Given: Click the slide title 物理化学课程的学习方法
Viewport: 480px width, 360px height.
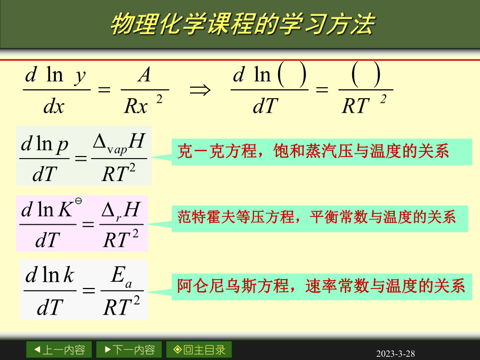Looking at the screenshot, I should [x=242, y=24].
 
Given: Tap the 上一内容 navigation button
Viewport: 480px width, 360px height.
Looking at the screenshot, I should [x=59, y=350].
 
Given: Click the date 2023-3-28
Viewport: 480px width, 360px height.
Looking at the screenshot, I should [x=395, y=354].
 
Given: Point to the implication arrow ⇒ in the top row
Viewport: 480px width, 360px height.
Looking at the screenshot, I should [x=200, y=90].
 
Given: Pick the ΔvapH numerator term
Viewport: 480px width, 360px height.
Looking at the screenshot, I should [x=118, y=142].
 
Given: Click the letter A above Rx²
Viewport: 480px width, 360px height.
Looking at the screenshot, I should [x=143, y=76].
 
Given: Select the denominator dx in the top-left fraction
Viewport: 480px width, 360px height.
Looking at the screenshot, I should [x=54, y=106].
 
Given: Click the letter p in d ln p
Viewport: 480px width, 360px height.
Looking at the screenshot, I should [x=63, y=143].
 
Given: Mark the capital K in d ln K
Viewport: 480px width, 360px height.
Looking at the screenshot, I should [x=66, y=210].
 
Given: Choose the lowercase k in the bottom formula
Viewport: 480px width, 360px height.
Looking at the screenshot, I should [x=68, y=275].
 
